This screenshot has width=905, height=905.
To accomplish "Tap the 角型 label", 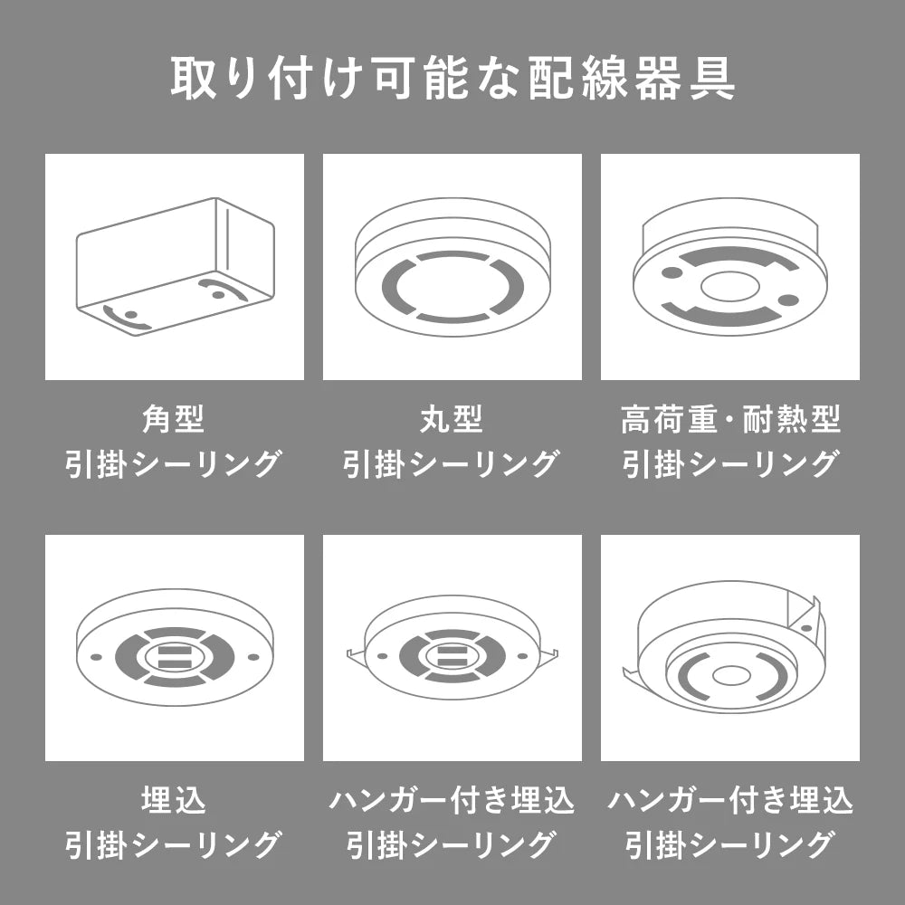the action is pyautogui.click(x=174, y=420).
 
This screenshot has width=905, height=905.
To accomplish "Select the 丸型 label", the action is pyautogui.click(x=452, y=420).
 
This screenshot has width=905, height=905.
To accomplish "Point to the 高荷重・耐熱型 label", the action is pyautogui.click(x=730, y=420).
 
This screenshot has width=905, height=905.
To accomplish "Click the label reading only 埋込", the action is pyautogui.click(x=174, y=801).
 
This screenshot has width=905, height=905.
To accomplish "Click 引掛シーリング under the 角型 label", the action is pyautogui.click(x=174, y=464).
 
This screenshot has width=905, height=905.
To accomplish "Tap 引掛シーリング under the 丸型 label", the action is pyautogui.click(x=452, y=464).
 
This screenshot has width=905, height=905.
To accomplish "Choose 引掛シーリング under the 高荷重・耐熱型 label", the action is pyautogui.click(x=730, y=464).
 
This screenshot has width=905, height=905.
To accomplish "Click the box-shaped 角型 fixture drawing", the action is pyautogui.click(x=175, y=267).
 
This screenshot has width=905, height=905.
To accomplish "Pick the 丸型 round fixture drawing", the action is pyautogui.click(x=452, y=267).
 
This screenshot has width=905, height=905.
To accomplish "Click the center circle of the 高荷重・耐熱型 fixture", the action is pyautogui.click(x=729, y=287).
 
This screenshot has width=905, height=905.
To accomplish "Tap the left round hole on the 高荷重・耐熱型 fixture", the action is pyautogui.click(x=672, y=271).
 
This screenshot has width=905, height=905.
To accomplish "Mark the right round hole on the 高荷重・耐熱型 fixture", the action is pyautogui.click(x=788, y=300).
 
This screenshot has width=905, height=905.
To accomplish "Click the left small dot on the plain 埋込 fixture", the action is pyautogui.click(x=97, y=657).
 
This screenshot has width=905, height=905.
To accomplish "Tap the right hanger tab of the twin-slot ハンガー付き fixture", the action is pyautogui.click(x=548, y=657).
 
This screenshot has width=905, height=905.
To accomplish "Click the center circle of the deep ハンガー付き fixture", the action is pyautogui.click(x=730, y=675).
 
